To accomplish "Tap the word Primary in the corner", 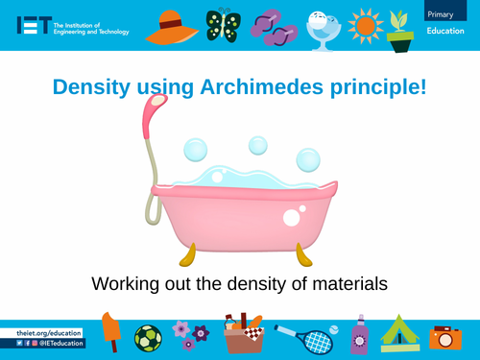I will (441, 13).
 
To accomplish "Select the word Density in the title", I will (85, 87).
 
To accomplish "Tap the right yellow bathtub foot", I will (303, 254).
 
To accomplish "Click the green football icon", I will (148, 338).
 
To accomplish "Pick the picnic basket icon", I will (243, 336).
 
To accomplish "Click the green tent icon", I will (398, 333).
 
